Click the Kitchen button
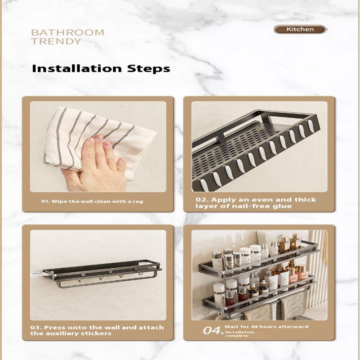pyautogui.click(x=300, y=29)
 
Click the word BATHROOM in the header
pyautogui.click(x=67, y=32)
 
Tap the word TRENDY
pyautogui.click(x=56, y=41)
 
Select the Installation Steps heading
pyautogui.click(x=101, y=68)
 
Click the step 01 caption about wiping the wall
pyautogui.click(x=92, y=201)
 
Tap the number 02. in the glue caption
pyautogui.click(x=202, y=199)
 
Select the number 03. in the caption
pyautogui.click(x=36, y=328)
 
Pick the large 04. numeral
pyautogui.click(x=213, y=331)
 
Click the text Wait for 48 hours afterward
pyautogui.click(x=266, y=327)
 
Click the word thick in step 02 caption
pyautogui.click(x=306, y=199)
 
